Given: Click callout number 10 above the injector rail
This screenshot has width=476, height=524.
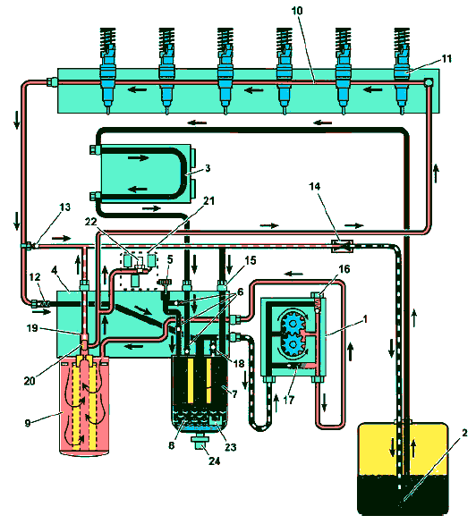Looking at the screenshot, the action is click(x=297, y=11).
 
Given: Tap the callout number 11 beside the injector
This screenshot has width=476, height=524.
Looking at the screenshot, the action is click(x=446, y=59).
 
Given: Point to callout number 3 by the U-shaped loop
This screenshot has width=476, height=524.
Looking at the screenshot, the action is click(x=208, y=168).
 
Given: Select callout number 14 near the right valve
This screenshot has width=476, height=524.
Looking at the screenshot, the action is click(x=315, y=186).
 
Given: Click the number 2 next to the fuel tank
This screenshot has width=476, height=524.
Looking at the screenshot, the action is click(x=464, y=433).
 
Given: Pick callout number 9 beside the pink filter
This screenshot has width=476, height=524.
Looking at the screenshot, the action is click(x=28, y=423).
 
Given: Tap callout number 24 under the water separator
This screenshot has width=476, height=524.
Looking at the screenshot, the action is click(x=214, y=461).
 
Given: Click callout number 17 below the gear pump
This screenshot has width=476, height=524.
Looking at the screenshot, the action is click(x=288, y=400).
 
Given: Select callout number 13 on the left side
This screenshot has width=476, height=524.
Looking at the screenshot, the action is click(x=64, y=207).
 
